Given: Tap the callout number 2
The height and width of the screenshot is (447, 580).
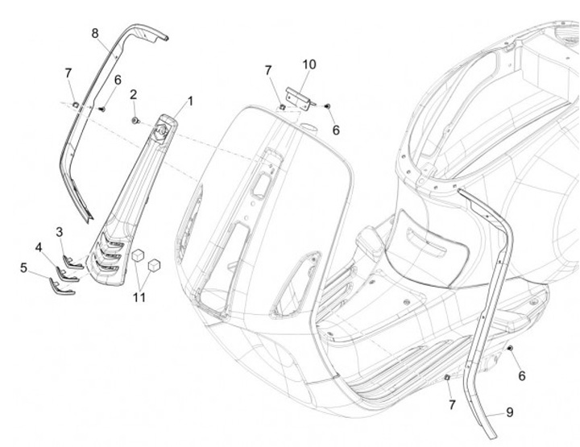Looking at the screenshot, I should pos(133,95).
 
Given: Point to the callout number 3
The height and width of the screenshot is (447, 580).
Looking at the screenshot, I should pos(60,232).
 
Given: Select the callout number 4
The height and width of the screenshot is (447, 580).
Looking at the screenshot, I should pos(38,246).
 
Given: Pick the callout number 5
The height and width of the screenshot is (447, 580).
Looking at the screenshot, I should pos(24,267).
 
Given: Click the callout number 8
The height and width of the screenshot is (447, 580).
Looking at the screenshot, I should pos(95,33).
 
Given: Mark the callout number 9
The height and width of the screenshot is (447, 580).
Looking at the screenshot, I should pos(508,412).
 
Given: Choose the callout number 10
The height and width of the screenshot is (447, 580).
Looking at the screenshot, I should pos(309,64).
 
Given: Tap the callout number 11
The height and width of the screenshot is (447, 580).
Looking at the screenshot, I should pos(139,297).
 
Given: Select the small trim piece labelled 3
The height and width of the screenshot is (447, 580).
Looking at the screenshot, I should pos(75,259).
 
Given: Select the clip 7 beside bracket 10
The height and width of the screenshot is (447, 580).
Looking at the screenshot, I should pos(283,104).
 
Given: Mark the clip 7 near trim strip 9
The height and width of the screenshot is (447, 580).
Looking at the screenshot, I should pos(448,378).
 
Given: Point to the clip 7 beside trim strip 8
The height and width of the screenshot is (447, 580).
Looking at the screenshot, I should pos(75,103).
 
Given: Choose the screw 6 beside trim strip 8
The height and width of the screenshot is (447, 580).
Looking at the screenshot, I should pos(103,106).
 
